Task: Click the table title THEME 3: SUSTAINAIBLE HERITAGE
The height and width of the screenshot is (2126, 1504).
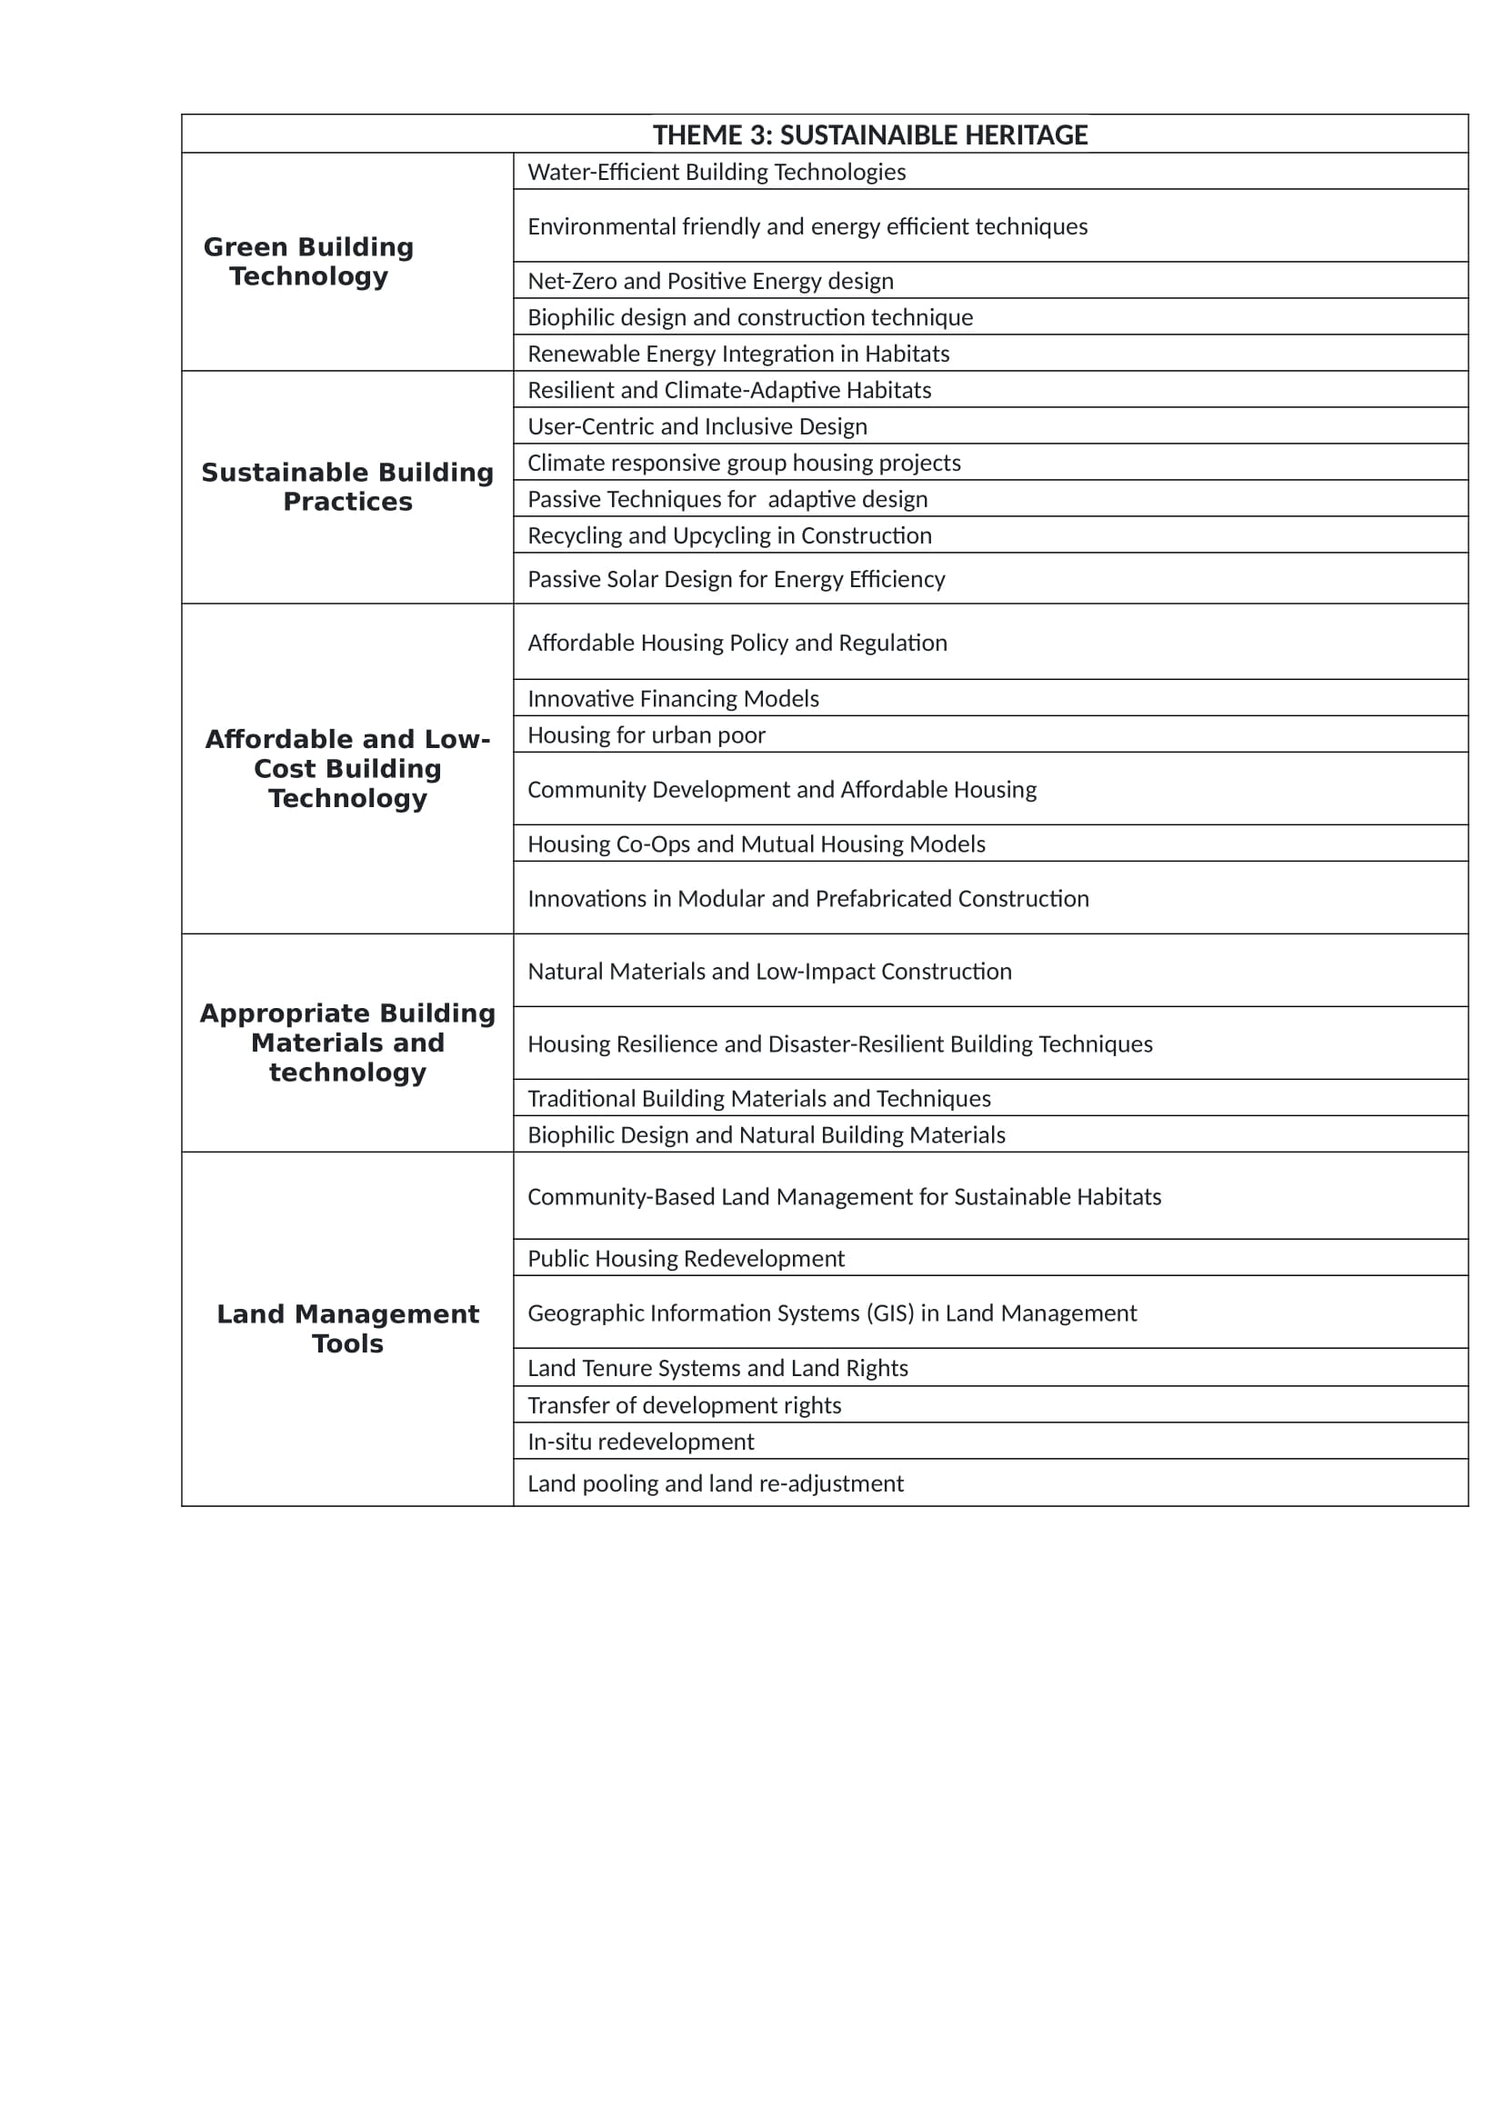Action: tap(869, 135)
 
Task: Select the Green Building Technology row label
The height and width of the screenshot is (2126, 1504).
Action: tap(308, 261)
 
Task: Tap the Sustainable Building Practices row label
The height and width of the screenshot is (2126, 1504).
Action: tap(347, 487)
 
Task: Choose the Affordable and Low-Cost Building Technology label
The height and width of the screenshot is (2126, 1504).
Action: tap(347, 769)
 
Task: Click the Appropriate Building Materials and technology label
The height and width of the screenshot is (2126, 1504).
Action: tap(347, 1043)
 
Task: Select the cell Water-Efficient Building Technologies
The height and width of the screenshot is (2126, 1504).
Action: tap(716, 172)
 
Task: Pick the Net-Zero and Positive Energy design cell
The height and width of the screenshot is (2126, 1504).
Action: tap(710, 281)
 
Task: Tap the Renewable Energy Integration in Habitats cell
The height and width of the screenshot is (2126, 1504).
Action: tap(738, 354)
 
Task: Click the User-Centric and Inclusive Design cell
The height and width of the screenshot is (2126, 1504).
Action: tap(697, 427)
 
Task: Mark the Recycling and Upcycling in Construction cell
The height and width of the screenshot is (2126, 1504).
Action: tap(729, 535)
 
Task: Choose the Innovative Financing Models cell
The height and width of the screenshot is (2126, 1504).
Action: tap(673, 698)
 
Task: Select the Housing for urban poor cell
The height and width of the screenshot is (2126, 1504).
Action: tap(647, 735)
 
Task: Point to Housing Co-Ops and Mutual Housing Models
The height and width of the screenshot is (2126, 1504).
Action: tap(756, 843)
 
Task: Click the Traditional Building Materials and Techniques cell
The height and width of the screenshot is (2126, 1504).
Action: tap(758, 1098)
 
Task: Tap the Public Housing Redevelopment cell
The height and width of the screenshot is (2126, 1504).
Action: tap(686, 1258)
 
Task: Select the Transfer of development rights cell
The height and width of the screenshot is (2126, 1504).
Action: tap(684, 1405)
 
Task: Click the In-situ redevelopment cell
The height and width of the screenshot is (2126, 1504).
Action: tap(640, 1442)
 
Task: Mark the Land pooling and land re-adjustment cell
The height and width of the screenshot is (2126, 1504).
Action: tap(715, 1483)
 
